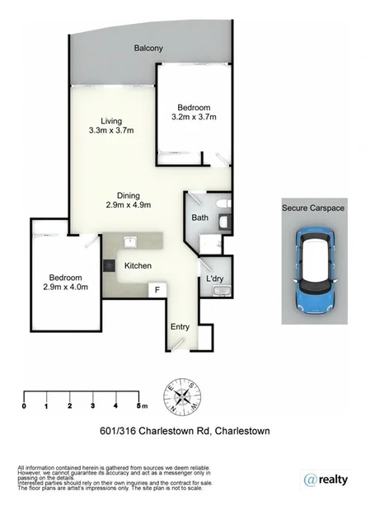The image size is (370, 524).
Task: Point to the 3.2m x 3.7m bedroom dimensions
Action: coord(194,118)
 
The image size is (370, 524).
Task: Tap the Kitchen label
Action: coord(137,266)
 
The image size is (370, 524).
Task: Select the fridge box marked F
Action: coord(157,290)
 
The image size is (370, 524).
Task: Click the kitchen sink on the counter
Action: coord(129,241)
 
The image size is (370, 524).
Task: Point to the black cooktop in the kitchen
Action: coord(107,266)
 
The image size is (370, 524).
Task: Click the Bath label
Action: coord(199,218)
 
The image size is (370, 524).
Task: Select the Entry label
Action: coord(180,327)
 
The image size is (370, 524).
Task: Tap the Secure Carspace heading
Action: coord(313,208)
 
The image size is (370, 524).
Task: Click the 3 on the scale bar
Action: coord(94,406)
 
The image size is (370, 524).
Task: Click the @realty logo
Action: coord(325,480)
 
